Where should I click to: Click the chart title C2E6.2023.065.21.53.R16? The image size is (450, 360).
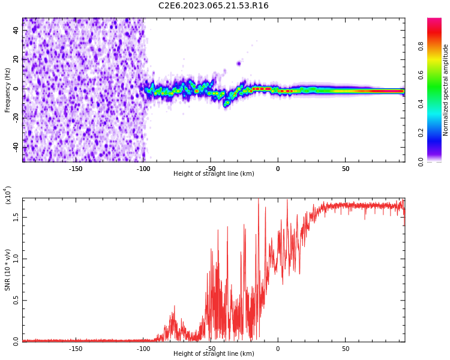214,6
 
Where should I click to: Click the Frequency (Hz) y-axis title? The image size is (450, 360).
8,90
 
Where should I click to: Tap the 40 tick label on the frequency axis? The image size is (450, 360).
16,31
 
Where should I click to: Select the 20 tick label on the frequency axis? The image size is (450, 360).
16,59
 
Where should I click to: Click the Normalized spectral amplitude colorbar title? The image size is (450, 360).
446,90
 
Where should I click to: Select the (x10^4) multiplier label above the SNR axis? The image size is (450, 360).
8,195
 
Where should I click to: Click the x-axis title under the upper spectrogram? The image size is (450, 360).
214,174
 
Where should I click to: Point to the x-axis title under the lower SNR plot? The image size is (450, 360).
214,354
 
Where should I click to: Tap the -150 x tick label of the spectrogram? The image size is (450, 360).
76,169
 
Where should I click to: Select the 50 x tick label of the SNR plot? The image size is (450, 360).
346,349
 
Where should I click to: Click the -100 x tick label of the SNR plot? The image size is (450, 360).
143,349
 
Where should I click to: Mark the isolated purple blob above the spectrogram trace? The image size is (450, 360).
239,63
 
